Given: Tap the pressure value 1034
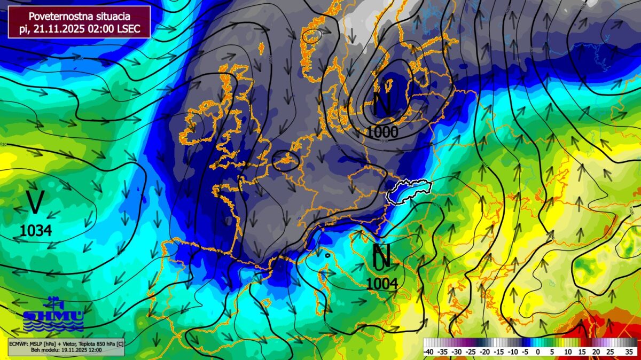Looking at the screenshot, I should (36, 231).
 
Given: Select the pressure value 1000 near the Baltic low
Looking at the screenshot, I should (382, 131).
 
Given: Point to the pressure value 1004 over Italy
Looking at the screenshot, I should (382, 284).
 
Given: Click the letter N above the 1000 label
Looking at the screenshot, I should (382, 104).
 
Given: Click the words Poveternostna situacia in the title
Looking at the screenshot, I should (79, 17).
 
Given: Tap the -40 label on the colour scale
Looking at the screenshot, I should (428, 352).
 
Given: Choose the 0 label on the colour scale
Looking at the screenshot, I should (538, 352).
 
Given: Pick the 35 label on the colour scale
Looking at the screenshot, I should (629, 352).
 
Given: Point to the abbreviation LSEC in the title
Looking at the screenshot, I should (129, 29).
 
